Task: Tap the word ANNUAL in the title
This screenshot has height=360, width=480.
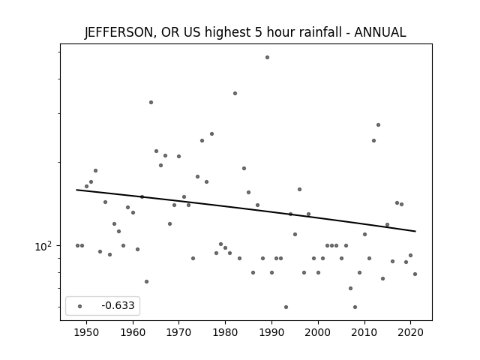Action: click(x=380, y=32)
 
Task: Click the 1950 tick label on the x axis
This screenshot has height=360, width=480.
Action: click(x=87, y=332)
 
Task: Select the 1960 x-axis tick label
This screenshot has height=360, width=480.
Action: click(x=133, y=332)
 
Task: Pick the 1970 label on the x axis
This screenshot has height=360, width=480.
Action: click(x=178, y=332)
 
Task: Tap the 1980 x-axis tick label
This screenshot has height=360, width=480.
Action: click(x=225, y=332)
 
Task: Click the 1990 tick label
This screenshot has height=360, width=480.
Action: click(x=271, y=332)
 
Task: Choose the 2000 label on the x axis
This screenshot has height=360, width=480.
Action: click(x=318, y=332)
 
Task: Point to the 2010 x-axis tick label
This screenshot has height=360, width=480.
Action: click(x=364, y=332)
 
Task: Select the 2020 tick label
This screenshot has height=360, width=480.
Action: click(x=410, y=332)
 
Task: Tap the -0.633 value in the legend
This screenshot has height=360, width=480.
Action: click(x=118, y=305)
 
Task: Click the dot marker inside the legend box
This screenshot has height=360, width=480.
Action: click(x=80, y=306)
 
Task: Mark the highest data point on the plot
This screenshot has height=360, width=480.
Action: click(x=267, y=57)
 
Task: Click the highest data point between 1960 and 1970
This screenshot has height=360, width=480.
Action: click(x=151, y=102)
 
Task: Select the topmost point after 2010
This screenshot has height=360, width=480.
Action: click(x=378, y=125)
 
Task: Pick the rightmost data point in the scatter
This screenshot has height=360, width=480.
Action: click(x=415, y=274)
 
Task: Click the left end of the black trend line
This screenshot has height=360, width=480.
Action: click(x=76, y=190)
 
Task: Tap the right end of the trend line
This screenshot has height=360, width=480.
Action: click(x=415, y=231)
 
